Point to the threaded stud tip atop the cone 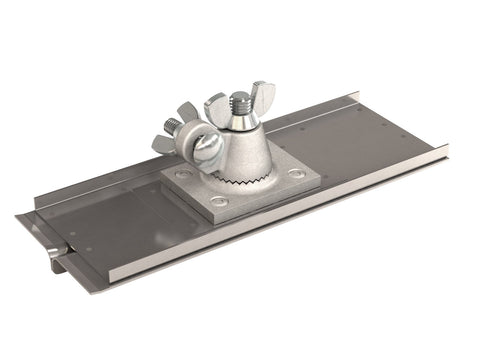241,100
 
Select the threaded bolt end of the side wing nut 172,127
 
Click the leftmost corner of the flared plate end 18,218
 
